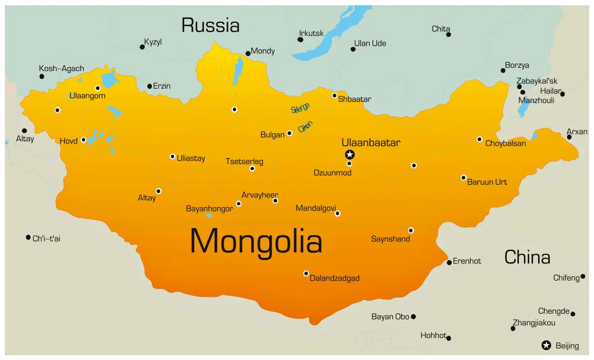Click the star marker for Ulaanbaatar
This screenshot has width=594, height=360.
(x=350, y=155)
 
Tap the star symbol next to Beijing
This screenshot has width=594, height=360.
(x=546, y=345)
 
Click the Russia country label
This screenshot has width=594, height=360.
(x=210, y=25)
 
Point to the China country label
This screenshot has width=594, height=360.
(x=527, y=257)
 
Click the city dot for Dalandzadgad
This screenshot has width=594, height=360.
(x=306, y=273)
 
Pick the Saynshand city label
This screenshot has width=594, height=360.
(x=390, y=239)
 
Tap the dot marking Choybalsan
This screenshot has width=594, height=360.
(x=480, y=139)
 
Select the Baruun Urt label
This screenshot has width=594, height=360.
(x=487, y=182)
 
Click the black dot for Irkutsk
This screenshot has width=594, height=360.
(x=300, y=39)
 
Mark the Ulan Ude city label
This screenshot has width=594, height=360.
(x=370, y=43)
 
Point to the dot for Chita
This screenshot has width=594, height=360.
(x=448, y=34)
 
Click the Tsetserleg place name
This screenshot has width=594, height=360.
(x=244, y=162)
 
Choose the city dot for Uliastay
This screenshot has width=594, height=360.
(x=172, y=156)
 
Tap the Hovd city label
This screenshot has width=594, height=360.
(x=69, y=141)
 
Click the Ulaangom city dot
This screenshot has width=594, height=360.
(x=98, y=88)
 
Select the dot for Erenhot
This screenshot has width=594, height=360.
(x=449, y=263)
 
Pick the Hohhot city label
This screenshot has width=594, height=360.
(x=433, y=335)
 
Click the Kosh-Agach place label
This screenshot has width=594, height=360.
(x=61, y=69)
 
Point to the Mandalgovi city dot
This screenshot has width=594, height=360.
(x=337, y=213)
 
